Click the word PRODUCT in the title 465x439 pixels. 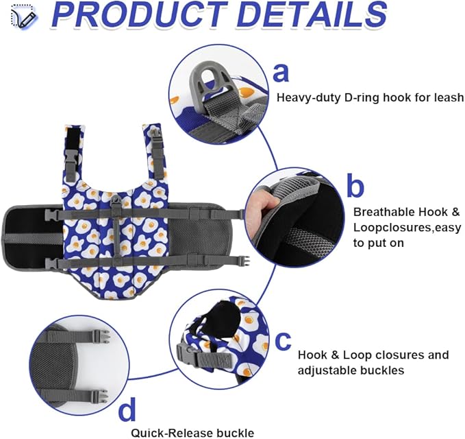[x=140, y=14]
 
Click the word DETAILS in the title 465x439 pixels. [x=312, y=14]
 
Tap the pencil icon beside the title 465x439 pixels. [x=24, y=17]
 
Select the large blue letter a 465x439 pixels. [x=281, y=73]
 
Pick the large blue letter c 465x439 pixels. [x=283, y=340]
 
